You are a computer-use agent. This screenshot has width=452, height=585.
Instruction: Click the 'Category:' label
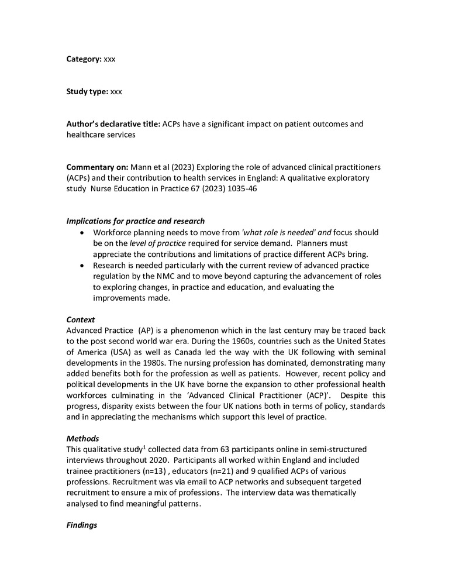click(x=84, y=59)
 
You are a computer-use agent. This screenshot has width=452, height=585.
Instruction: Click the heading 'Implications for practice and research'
click(x=136, y=221)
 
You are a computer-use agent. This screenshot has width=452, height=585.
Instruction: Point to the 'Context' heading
click(x=81, y=320)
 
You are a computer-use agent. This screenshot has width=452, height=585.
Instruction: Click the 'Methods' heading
click(x=83, y=439)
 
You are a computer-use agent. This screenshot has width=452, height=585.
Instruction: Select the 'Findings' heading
click(x=82, y=525)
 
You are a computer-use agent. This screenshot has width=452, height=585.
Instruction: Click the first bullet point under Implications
click(x=81, y=232)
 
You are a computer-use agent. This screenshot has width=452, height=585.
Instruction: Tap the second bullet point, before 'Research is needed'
click(x=81, y=266)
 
